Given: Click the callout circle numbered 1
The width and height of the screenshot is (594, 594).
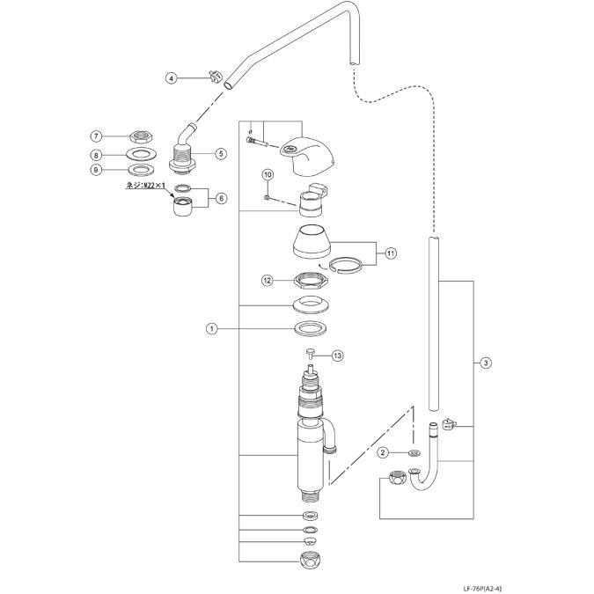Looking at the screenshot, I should (211, 328).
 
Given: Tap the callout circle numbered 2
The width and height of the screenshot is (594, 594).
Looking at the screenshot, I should (383, 452).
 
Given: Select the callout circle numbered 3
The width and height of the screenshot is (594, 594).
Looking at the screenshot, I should (485, 363).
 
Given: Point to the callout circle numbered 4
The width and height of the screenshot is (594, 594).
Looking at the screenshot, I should (172, 77).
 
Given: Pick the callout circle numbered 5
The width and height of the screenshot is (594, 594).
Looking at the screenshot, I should (221, 152).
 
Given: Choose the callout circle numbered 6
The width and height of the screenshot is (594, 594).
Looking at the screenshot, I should (221, 199).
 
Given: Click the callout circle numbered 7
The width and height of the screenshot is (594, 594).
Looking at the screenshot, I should (97, 136).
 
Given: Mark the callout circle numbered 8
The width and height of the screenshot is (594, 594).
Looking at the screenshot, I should (97, 155).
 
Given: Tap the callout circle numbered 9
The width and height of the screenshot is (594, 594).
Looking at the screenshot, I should (97, 169).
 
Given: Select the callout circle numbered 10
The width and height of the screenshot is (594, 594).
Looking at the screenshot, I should (266, 175).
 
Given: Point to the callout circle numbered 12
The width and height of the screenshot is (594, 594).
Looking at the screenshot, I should (267, 280).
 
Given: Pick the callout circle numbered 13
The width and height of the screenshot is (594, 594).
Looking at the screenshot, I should (337, 356).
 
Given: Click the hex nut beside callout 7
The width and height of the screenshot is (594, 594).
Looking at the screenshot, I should (138, 136).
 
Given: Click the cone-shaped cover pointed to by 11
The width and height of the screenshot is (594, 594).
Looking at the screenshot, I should (311, 242).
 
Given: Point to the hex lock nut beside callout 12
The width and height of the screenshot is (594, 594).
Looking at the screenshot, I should (311, 281).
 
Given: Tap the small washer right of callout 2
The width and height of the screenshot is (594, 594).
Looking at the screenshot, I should (414, 452).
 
